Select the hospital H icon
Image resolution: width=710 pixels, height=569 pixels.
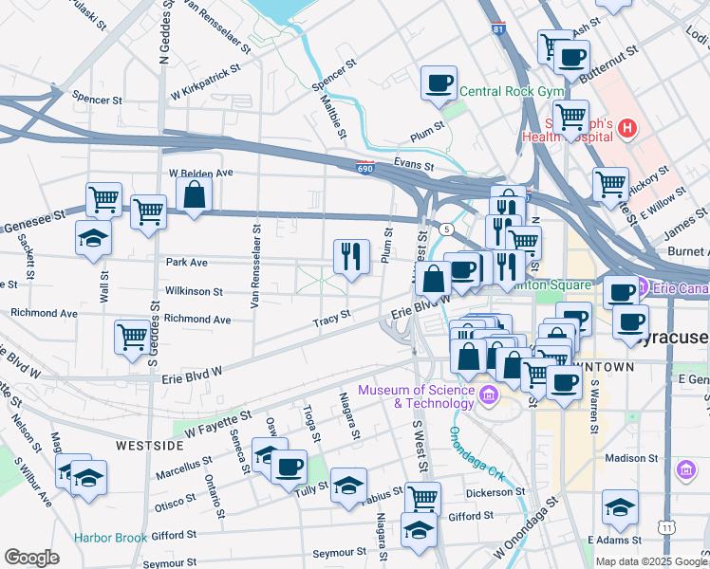pyautogui.click(x=626, y=128)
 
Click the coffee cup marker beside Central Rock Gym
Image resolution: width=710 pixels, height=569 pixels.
pyautogui.click(x=439, y=83)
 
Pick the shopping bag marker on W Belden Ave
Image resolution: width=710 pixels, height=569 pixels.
pyautogui.click(x=194, y=195)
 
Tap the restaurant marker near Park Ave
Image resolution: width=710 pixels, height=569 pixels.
pyautogui.click(x=351, y=255)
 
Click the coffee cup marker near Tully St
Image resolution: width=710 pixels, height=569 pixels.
pyautogui.click(x=289, y=466)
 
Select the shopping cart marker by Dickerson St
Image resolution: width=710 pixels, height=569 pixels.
pyautogui.click(x=422, y=497)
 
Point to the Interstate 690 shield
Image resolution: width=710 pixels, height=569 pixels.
pyautogui.click(x=366, y=169)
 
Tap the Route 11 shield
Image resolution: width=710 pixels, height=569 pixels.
pyautogui.click(x=668, y=526)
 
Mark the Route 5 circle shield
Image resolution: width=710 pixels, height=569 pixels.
pyautogui.click(x=445, y=229)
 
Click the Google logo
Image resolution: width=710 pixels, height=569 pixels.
pyautogui.click(x=31, y=558)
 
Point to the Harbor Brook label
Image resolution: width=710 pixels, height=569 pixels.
pyautogui.click(x=111, y=538)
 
